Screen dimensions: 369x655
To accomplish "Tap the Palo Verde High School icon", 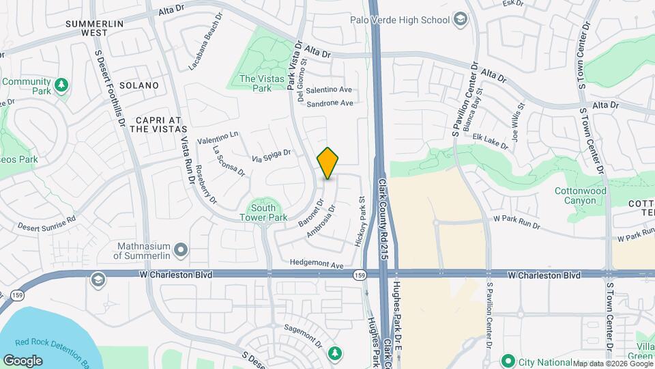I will click(461, 20).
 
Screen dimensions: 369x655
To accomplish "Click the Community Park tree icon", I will click(61, 85).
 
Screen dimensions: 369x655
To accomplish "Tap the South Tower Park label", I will click(263, 213).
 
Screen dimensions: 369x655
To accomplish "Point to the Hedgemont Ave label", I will click(317, 263).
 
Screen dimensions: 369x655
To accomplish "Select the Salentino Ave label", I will click(329, 90).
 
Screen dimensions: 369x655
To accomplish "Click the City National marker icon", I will click(508, 361).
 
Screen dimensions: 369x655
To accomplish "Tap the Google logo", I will click(23, 360).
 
